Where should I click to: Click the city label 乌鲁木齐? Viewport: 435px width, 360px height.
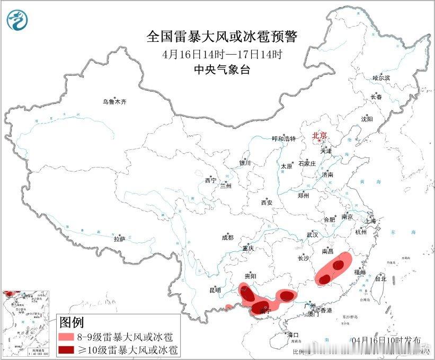tap(115, 102)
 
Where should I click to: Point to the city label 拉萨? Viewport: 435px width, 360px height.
tap(119, 240)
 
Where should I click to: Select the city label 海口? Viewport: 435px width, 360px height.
tap(293, 335)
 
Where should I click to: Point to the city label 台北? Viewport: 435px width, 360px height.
tap(380, 278)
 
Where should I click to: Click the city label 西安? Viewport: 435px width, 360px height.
tap(267, 202)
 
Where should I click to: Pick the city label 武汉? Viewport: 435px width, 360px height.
tap(312, 234)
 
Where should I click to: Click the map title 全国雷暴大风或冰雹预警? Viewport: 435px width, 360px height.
tap(222, 37)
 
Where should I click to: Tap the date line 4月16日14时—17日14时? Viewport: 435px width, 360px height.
tap(222, 54)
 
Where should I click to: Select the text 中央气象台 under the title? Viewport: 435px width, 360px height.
tap(222, 69)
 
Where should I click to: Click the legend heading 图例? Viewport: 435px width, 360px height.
tap(72, 322)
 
